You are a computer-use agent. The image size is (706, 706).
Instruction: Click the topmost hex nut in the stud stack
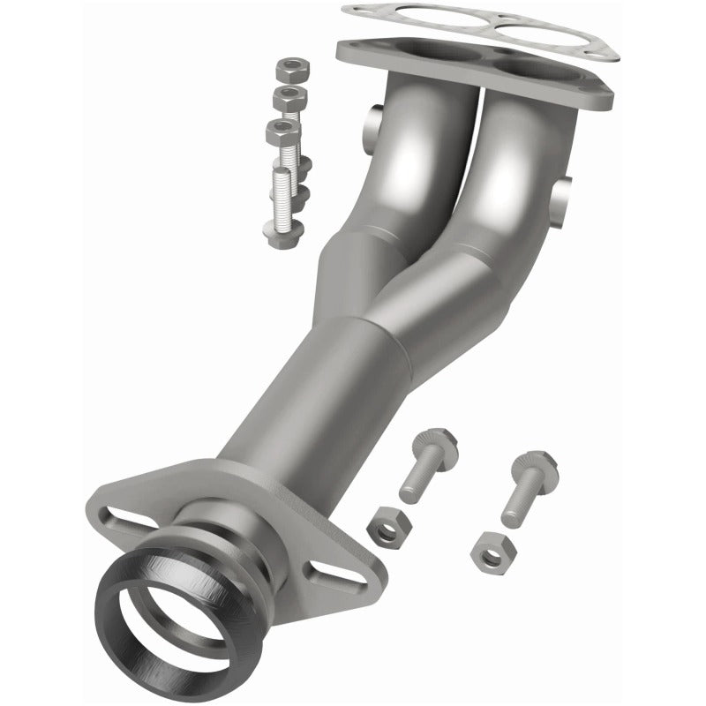pos(289,70)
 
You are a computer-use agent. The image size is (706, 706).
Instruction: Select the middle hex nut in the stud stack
pos(288,96)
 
